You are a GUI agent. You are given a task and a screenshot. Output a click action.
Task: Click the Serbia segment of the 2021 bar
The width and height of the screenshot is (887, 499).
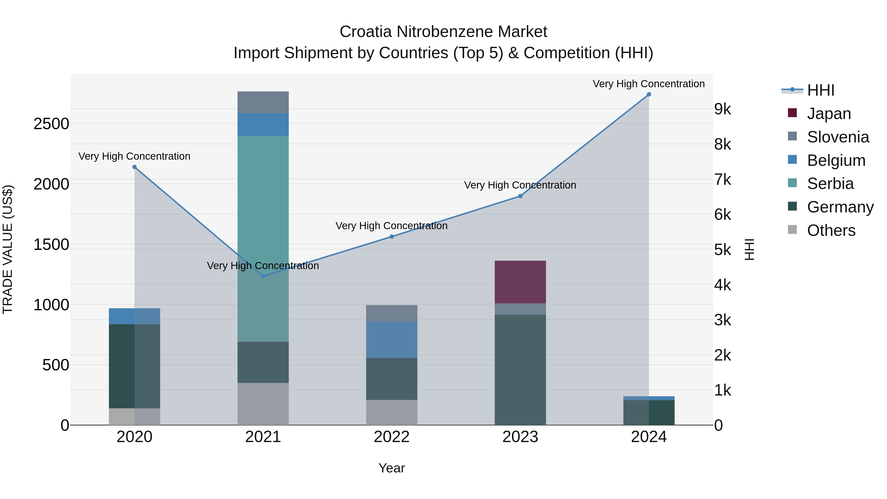click(263, 207)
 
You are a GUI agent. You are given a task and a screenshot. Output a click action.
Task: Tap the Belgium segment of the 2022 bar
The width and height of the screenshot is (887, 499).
click(392, 340)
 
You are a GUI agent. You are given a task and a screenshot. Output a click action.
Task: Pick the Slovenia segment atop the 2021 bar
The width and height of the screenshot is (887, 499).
click(263, 102)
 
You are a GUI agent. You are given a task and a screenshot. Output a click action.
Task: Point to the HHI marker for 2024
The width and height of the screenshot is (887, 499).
click(649, 94)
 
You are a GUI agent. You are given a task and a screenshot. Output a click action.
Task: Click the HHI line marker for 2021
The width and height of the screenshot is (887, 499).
click(263, 276)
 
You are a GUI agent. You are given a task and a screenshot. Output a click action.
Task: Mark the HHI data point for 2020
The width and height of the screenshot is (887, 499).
click(135, 167)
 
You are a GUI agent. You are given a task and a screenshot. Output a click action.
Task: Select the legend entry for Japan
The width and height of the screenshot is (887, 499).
click(828, 114)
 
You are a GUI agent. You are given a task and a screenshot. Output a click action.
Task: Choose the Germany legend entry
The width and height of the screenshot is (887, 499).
click(839, 207)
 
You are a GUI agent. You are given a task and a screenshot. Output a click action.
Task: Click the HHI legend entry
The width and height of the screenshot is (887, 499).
click(820, 90)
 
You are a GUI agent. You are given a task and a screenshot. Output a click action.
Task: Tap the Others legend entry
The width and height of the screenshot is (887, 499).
click(831, 230)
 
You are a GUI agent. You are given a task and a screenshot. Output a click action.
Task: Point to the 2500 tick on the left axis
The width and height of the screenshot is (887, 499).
click(51, 124)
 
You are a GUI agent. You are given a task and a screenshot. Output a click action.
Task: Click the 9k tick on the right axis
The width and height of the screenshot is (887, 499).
click(722, 109)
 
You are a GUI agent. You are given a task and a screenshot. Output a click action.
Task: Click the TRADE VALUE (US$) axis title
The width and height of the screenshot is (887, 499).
click(8, 249)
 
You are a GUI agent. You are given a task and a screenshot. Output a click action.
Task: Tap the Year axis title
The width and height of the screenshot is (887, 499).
click(392, 468)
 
